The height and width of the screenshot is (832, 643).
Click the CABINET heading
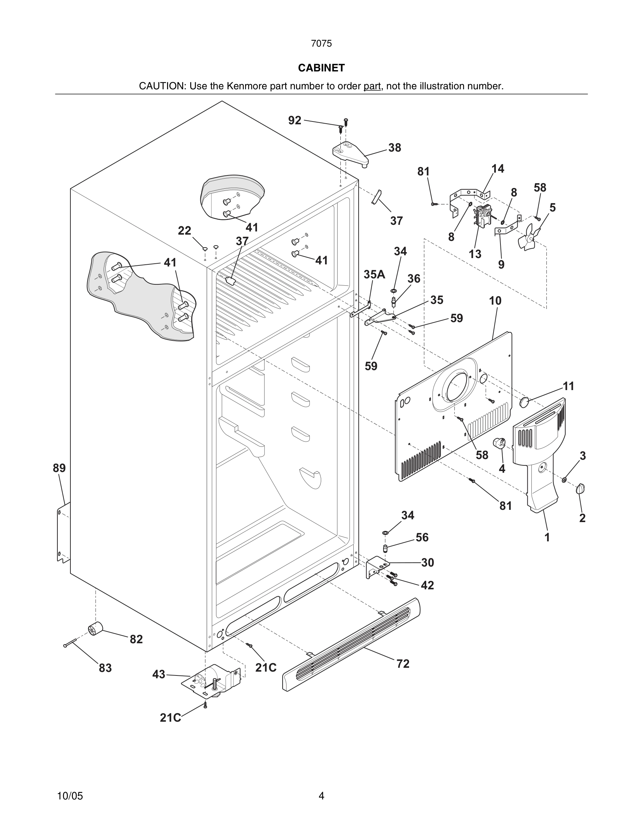pos(321,68)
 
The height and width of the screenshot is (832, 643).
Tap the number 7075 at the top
pos(321,44)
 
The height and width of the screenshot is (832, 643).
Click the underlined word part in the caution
pos(372,86)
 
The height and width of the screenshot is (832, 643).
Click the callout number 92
pos(295,120)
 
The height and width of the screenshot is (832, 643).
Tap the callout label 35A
pos(374,274)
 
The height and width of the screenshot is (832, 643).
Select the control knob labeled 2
pos(581,488)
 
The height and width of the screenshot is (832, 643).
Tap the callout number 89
pos(59,468)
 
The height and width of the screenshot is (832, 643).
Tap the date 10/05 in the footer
pos(70,796)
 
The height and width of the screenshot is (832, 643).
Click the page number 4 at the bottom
pos(321,796)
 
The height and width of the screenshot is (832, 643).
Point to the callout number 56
pos(422,537)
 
